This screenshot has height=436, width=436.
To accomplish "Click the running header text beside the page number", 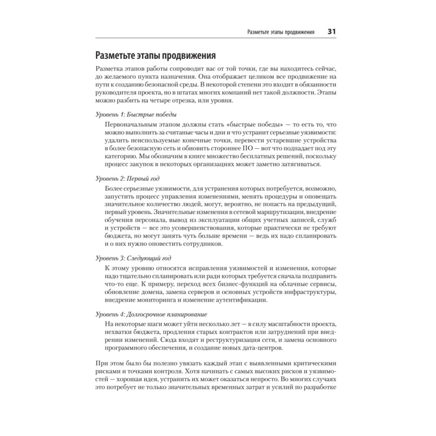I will pos(281,32).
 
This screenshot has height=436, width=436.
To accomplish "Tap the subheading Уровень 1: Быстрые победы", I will pos(136,115).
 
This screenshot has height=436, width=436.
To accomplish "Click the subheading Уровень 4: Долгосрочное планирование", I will pos(151,314).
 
